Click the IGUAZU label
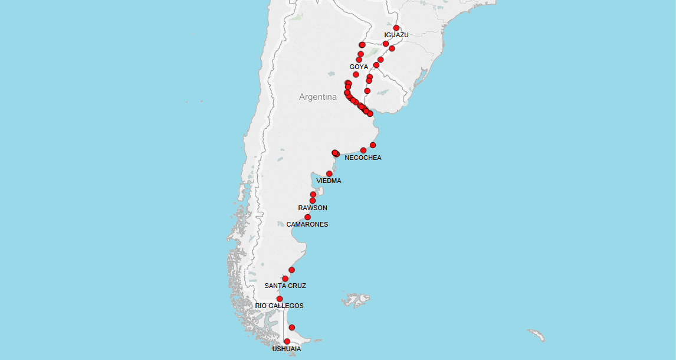pyautogui.click(x=396, y=35)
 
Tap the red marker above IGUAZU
pyautogui.click(x=396, y=28)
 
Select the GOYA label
pyautogui.click(x=359, y=67)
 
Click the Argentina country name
pyautogui.click(x=317, y=97)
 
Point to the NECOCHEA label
pyautogui.click(x=363, y=158)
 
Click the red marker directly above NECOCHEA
pyautogui.click(x=363, y=150)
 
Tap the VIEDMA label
pyautogui.click(x=329, y=181)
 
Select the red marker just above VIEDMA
pyautogui.click(x=329, y=174)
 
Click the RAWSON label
pyautogui.click(x=313, y=208)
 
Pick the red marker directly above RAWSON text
pyautogui.click(x=313, y=201)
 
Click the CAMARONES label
pyautogui.click(x=307, y=224)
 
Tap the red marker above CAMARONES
pyautogui.click(x=307, y=217)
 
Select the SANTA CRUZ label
pyautogui.click(x=285, y=286)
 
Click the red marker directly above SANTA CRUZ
pyautogui.click(x=286, y=279)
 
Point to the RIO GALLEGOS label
pyautogui.click(x=279, y=306)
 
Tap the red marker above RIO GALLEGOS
pyautogui.click(x=280, y=299)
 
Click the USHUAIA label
pyautogui.click(x=286, y=349)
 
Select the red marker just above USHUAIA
pyautogui.click(x=287, y=342)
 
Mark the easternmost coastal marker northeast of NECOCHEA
pyautogui.click(x=373, y=145)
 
